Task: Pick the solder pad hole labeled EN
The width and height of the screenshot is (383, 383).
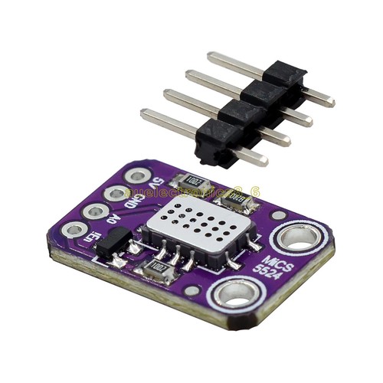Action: point(74,228)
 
